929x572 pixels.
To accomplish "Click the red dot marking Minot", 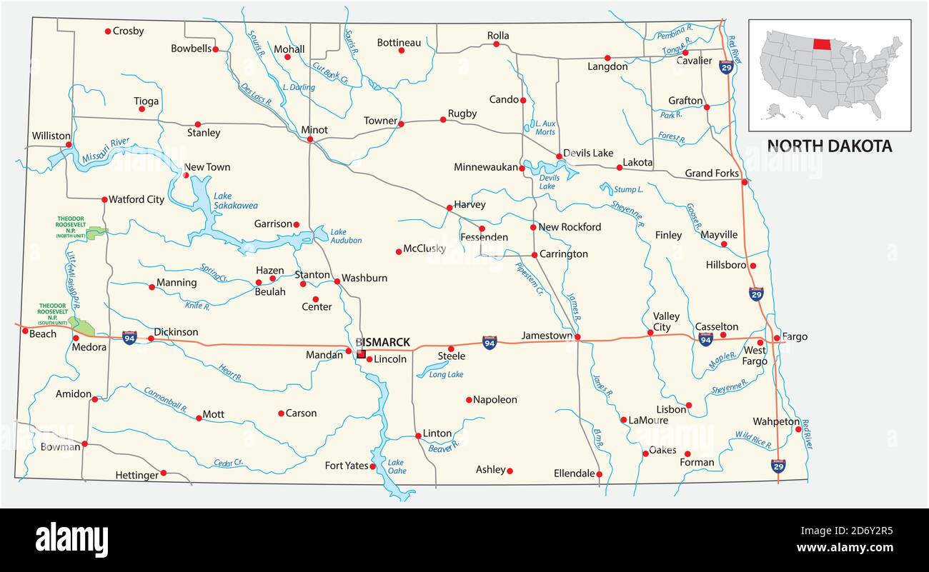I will pos(309,140).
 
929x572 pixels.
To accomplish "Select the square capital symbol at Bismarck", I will pos(361,353).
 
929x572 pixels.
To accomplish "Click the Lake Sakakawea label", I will pos(235,201).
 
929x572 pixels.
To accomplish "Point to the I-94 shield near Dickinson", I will pos(129,338).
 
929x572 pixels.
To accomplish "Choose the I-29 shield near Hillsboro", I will pos(755,293).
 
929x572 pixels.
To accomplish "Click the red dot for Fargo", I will pos(777,338).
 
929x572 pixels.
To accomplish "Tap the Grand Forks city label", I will pos(711,174).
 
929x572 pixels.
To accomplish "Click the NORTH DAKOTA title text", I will pos(829,146).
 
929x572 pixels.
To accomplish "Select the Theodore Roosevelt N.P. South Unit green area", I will pos(83,327).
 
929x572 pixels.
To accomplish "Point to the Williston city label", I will pos(51,136).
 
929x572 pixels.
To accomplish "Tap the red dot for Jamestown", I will pos(577,337).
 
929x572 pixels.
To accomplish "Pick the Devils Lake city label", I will pos(588,153).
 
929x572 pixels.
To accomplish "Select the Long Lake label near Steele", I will pos(446,374).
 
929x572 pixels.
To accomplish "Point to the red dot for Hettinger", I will pos(163,473).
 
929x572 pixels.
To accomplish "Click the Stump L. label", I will pos(629,190).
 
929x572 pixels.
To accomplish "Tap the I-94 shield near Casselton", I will pos(705,339).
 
